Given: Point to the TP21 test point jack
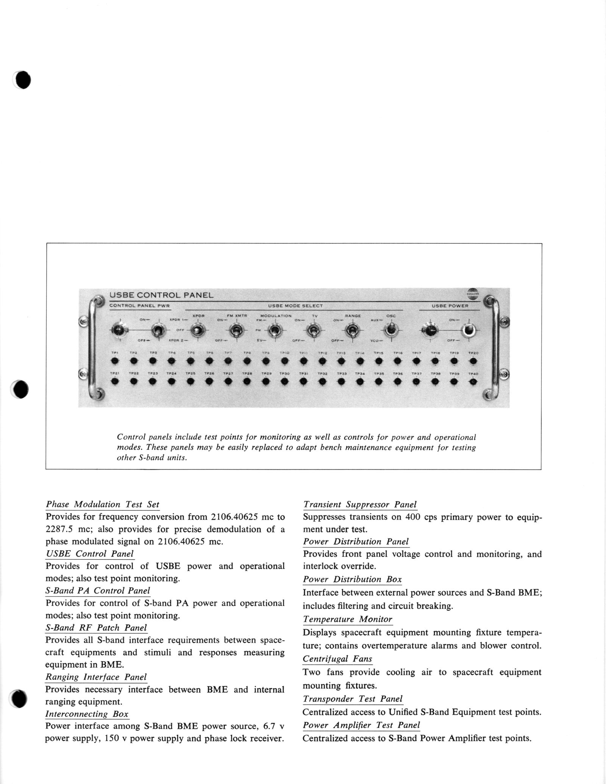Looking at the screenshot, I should [x=115, y=382].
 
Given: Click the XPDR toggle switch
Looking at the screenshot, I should [x=197, y=331].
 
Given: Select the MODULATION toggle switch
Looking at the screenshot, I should [x=275, y=331].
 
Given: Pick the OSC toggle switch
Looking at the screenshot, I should [x=390, y=330].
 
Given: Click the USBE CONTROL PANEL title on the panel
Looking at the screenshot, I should [x=161, y=295].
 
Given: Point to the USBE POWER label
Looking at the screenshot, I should [x=450, y=306].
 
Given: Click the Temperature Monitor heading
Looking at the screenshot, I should [x=347, y=619].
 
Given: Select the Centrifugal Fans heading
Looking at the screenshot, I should [x=337, y=659].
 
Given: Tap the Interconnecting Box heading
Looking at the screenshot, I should [x=87, y=714].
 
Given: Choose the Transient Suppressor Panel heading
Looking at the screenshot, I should [x=360, y=504].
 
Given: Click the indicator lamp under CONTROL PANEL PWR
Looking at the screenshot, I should [x=119, y=331].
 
